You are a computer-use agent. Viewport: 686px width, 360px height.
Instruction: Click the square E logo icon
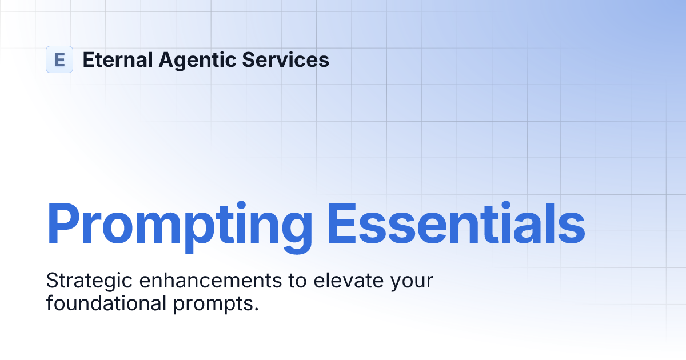(59, 59)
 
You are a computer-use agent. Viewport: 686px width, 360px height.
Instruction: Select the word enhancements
(196, 281)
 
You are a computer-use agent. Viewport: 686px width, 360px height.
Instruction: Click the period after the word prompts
(256, 309)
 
